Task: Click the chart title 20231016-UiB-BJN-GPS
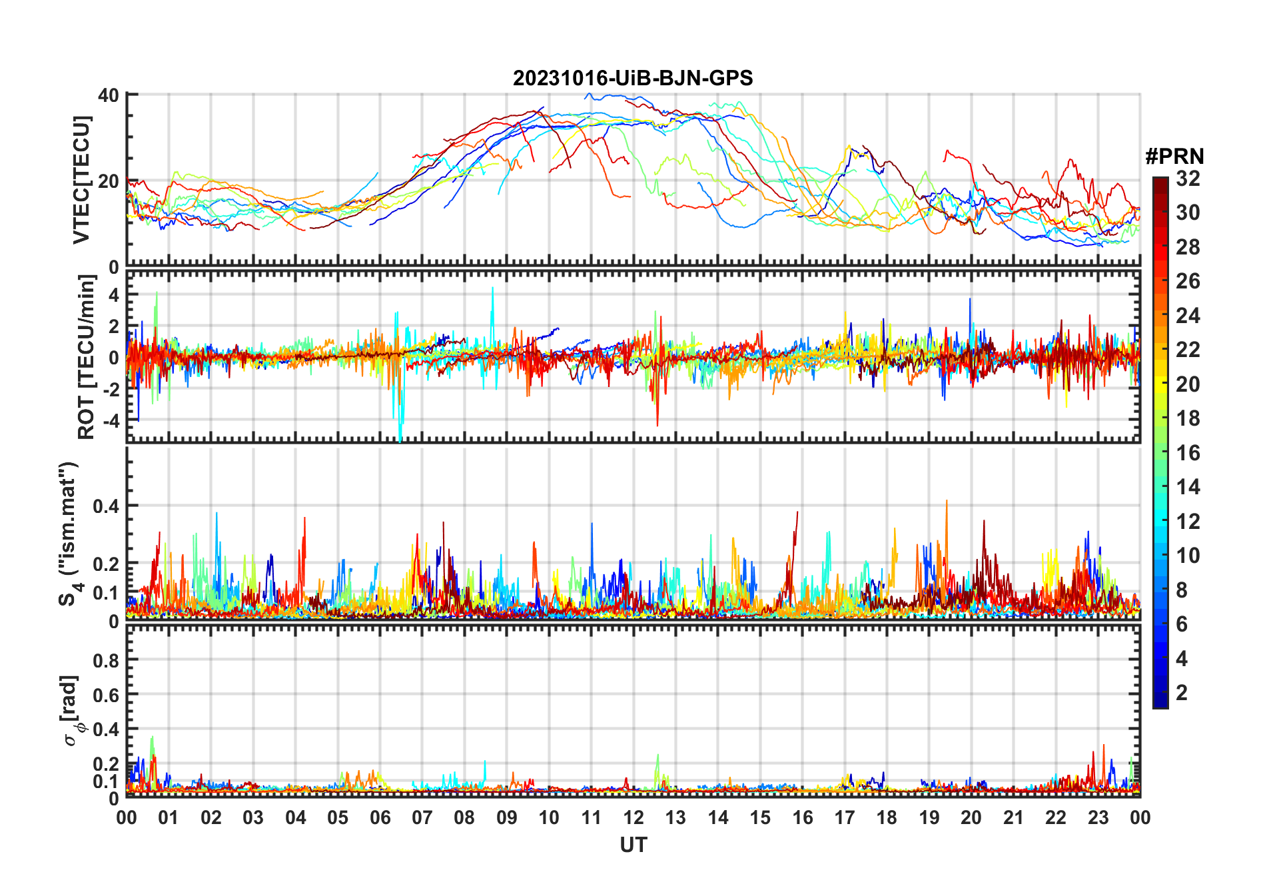coord(633,79)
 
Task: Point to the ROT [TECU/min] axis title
coord(87,357)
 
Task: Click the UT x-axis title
coord(633,845)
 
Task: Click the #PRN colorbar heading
coord(1174,157)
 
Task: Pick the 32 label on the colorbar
coord(1188,179)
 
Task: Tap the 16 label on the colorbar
coord(1188,453)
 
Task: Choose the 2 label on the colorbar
coord(1182,693)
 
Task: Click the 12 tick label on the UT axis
coord(633,817)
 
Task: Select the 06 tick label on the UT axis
coord(380,817)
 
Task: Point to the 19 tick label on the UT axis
coord(929,817)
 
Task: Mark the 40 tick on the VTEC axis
coord(109,95)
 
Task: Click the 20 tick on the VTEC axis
coord(109,181)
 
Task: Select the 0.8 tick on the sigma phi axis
coord(106,660)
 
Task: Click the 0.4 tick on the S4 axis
coord(106,506)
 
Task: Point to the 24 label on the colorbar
coord(1188,316)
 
